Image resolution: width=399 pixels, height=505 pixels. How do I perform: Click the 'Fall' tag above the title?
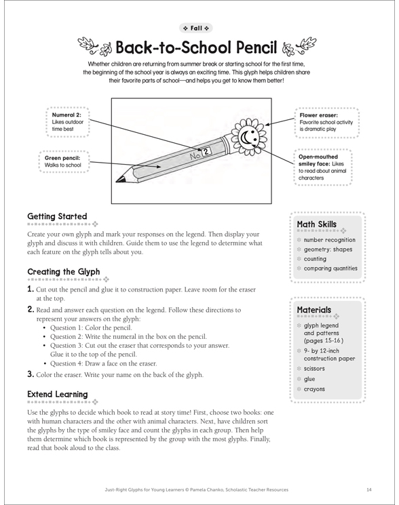coord(195,28)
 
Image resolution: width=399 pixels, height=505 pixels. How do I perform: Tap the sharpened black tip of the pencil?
coord(119,179)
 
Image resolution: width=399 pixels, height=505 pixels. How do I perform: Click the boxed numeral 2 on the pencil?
coord(206,151)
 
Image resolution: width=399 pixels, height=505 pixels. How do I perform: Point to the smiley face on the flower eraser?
coord(249,137)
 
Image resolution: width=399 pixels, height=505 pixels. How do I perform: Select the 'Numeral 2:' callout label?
coord(66,115)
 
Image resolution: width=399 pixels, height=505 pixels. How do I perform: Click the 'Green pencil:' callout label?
coord(62,158)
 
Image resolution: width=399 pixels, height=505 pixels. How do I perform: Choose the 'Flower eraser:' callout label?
coord(318,115)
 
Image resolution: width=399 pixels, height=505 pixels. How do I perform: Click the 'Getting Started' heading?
coord(57,216)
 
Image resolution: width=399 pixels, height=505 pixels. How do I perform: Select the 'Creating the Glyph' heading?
coord(64,272)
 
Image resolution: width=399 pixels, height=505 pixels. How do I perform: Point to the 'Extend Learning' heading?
coord(58,395)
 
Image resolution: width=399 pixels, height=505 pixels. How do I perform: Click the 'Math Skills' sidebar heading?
coord(316,224)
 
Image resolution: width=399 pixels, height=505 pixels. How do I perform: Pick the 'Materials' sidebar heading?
coord(314,310)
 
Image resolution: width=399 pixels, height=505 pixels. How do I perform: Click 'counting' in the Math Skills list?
coord(315,259)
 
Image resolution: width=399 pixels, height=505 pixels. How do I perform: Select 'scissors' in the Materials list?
coord(314,369)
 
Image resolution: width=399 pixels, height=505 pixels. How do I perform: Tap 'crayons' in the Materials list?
coord(314,389)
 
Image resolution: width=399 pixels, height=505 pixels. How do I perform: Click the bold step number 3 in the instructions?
coord(31,374)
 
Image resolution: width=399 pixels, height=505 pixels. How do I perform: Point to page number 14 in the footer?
coord(369,490)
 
